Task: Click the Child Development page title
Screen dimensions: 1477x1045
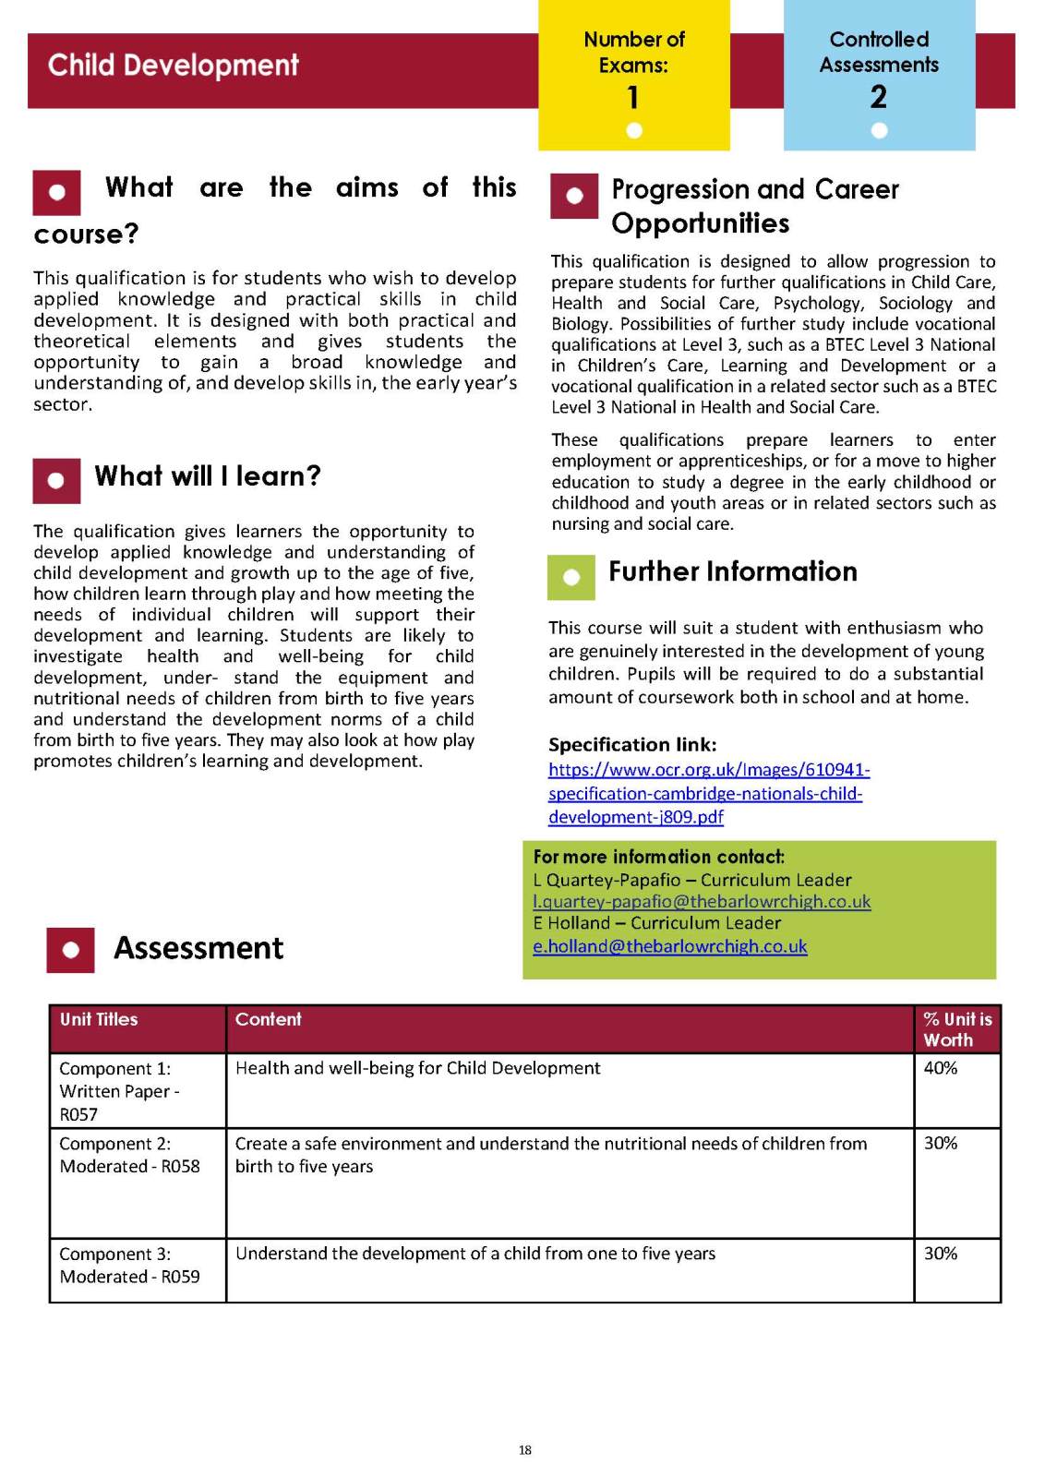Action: point(174,66)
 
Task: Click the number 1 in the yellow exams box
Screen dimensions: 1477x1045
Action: point(633,97)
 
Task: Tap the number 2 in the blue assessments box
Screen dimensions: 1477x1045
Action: point(879,97)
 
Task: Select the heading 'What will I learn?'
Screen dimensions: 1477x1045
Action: point(208,476)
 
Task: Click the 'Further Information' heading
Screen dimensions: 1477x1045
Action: point(733,571)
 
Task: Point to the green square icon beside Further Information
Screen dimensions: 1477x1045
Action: point(571,577)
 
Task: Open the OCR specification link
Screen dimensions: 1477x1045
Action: point(708,793)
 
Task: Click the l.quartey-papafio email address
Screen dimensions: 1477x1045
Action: point(702,901)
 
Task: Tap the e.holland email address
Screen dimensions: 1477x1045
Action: point(670,946)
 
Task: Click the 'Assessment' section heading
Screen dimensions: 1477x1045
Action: point(198,948)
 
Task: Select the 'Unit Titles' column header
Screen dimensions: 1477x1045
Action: point(99,1019)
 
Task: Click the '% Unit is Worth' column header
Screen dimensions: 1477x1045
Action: point(957,1029)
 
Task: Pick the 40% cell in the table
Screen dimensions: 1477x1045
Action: point(941,1068)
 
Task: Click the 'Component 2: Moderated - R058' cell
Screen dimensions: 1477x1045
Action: point(130,1155)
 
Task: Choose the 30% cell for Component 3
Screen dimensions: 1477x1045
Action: point(941,1254)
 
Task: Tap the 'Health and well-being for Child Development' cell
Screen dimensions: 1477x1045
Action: point(418,1068)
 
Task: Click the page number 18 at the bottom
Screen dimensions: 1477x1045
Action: point(524,1450)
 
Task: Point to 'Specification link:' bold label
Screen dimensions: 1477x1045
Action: point(632,745)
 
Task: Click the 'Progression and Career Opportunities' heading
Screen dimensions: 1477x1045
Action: point(755,206)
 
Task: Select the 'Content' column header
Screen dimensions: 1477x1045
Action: point(269,1019)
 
